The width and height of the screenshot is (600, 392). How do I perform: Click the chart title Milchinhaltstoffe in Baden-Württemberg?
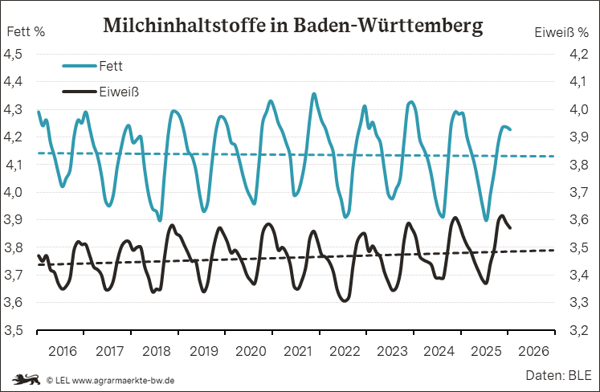point(293,26)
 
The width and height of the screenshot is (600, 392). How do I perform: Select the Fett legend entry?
point(111,65)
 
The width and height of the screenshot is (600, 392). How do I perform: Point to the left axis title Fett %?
point(26,33)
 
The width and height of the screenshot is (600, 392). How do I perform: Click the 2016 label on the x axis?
point(62,351)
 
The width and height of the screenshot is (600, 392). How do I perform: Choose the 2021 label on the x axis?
point(298,351)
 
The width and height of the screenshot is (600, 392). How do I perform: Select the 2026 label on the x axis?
point(533,351)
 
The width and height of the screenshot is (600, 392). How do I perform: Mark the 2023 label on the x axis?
point(392,351)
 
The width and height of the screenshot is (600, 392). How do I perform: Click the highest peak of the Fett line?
point(313,94)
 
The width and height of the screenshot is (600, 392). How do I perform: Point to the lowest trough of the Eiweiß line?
point(345,301)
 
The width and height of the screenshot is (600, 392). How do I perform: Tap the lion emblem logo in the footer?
point(24,379)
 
